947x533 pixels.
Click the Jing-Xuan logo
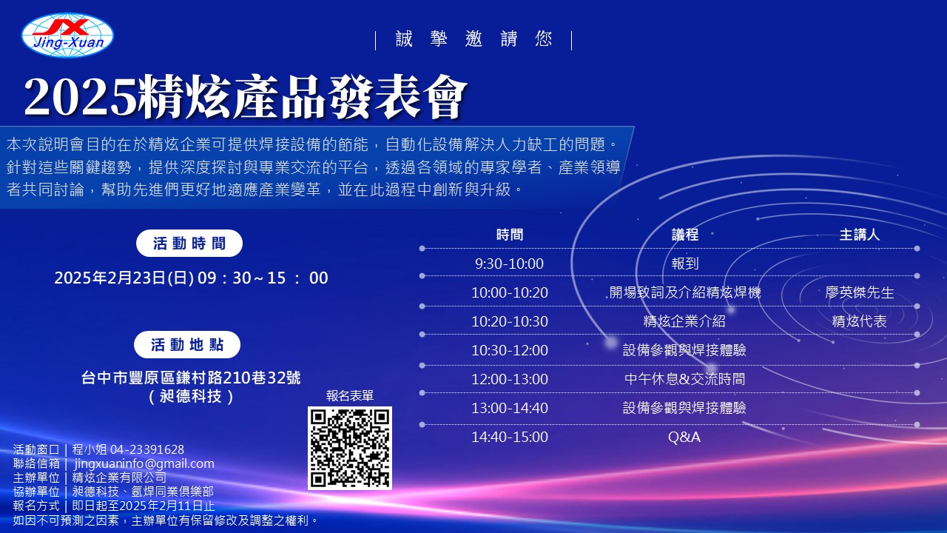(x=67, y=35)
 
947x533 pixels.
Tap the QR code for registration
(x=350, y=448)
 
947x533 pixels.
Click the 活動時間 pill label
(x=189, y=244)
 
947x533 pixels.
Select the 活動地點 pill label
(x=187, y=345)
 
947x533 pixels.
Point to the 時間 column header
(x=510, y=235)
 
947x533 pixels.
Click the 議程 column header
(x=685, y=235)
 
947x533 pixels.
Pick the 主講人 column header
(x=860, y=235)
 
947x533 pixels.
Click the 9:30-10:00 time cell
(x=510, y=264)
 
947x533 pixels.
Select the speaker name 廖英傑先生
(x=860, y=292)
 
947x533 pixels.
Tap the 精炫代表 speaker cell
(x=860, y=321)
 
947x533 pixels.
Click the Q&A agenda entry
(x=684, y=437)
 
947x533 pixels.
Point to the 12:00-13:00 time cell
(x=510, y=379)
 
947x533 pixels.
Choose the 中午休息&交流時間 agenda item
(x=685, y=379)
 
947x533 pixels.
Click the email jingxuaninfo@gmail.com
(x=144, y=463)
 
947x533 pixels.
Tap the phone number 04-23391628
(x=147, y=449)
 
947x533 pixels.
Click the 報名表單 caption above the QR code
(x=350, y=395)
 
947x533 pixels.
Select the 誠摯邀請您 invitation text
(x=474, y=39)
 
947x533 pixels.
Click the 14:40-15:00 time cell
(x=510, y=437)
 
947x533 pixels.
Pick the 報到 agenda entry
(x=685, y=264)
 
